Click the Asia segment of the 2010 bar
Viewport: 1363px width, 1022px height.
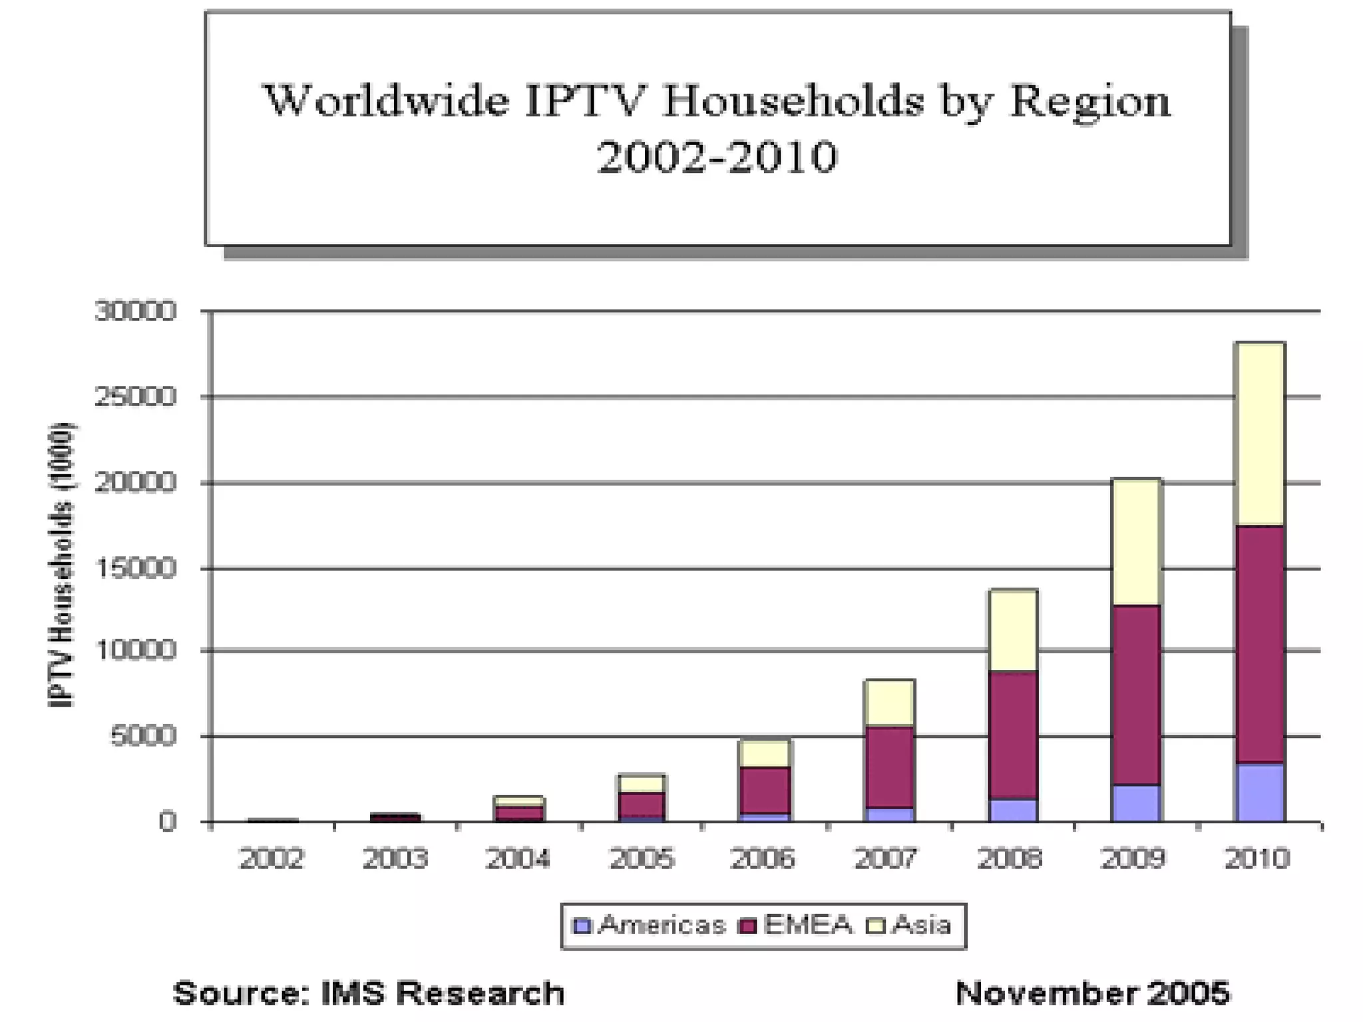pos(1259,434)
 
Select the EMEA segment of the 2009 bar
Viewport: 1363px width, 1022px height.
pos(1136,695)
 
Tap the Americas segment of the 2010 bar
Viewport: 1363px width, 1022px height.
pos(1259,792)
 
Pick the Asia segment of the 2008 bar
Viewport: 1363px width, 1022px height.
pos(1013,631)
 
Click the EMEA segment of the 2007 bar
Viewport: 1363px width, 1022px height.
pos(889,766)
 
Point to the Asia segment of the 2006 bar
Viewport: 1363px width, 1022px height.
pos(765,754)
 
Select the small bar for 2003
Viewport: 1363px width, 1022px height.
pos(395,818)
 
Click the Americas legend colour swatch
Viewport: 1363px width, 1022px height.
pos(582,926)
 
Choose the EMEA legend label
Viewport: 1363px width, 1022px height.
pos(808,925)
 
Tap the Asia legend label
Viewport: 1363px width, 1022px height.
pos(921,925)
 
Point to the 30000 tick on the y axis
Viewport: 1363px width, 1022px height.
pos(136,311)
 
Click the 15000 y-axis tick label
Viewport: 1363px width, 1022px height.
pos(136,568)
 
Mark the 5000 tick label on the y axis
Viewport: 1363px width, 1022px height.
pos(144,736)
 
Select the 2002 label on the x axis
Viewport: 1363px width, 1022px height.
pos(272,859)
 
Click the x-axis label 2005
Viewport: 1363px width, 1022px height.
pos(642,859)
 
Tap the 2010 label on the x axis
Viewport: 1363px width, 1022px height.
pos(1257,859)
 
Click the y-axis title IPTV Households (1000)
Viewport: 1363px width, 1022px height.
pos(62,566)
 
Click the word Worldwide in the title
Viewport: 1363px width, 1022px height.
pos(387,102)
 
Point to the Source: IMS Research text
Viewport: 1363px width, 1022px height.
pos(369,993)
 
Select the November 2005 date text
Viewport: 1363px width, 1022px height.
pos(1092,993)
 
